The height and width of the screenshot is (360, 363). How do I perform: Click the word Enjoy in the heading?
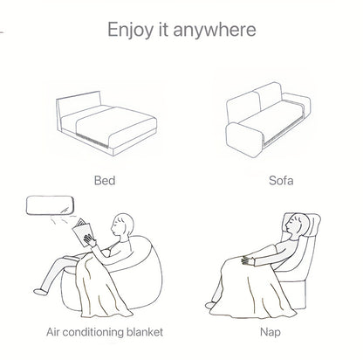pos(129,30)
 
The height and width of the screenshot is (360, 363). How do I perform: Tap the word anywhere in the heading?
pos(215,30)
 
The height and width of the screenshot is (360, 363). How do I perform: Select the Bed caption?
pos(105,180)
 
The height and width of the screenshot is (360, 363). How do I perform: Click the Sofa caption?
pos(281,180)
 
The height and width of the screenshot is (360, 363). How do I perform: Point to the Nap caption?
pos(271,332)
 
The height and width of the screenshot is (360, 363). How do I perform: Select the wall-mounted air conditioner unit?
pos(49,205)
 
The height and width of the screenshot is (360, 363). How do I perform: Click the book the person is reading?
pos(83,232)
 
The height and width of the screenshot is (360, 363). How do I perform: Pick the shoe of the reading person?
pos(40,291)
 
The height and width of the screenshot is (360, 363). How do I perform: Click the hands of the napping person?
pos(248,260)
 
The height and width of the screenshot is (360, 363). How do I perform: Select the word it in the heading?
pos(163,29)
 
